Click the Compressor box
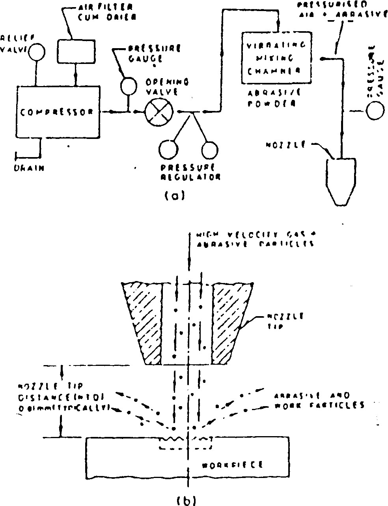coord(57,112)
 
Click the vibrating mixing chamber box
coord(276,58)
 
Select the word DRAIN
coord(28,168)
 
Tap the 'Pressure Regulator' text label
coord(190,173)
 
